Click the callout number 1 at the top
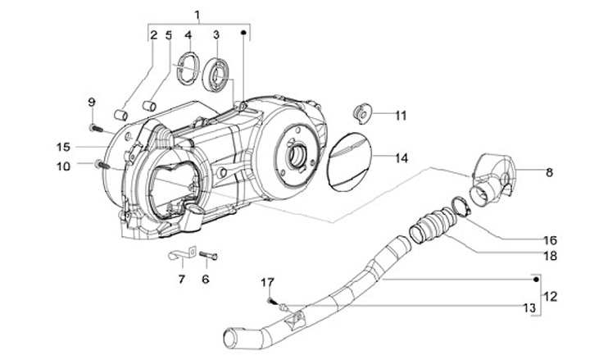(197, 15)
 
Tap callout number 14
(402, 158)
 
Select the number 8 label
(549, 172)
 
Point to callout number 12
(550, 296)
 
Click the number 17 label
(268, 282)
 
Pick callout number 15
(63, 147)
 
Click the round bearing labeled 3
(216, 75)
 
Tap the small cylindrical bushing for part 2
(120, 115)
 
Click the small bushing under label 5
(149, 106)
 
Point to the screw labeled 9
(97, 129)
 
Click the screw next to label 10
(102, 165)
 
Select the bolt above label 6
(208, 255)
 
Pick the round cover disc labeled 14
(350, 162)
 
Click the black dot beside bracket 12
(536, 279)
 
